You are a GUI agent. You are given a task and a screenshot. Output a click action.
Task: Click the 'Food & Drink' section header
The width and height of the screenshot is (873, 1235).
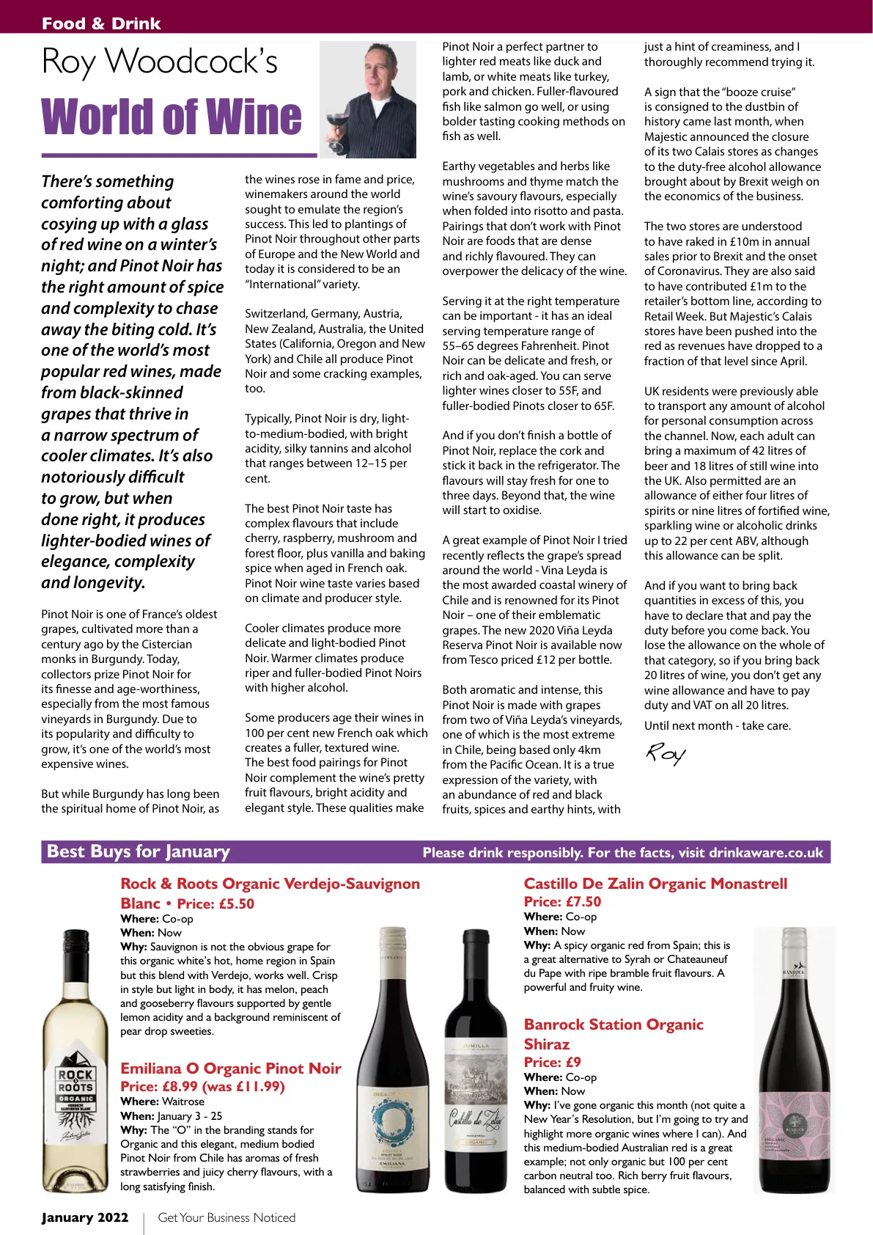tap(101, 23)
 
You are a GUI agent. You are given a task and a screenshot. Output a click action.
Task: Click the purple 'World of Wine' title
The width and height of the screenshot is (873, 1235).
tap(172, 117)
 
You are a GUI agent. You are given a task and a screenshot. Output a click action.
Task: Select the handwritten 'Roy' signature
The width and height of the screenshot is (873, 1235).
tap(666, 753)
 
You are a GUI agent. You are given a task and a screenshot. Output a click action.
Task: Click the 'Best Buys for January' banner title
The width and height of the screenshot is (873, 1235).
tap(139, 851)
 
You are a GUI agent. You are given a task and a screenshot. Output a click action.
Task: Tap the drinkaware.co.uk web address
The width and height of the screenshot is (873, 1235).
tap(766, 852)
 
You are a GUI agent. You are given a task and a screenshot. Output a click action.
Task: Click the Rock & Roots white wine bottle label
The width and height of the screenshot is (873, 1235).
tap(75, 1093)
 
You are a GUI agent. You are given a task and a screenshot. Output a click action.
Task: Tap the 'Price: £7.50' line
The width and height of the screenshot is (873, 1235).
tap(562, 901)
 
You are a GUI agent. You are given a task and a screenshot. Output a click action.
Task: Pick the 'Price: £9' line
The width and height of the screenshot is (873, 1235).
tap(552, 1062)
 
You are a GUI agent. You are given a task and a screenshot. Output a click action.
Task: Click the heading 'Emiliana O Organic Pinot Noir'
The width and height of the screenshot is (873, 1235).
tap(231, 1069)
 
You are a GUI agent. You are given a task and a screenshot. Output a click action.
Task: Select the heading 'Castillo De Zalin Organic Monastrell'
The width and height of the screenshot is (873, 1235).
tap(655, 884)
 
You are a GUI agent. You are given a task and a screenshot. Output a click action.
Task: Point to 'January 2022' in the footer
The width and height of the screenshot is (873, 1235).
tap(85, 1217)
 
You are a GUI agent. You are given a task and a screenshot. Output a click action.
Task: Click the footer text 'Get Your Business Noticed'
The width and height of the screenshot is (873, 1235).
tap(226, 1217)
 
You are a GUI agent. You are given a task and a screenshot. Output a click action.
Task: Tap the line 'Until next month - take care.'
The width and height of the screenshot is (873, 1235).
tap(718, 726)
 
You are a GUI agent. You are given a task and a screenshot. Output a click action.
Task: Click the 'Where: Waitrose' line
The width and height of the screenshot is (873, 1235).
tap(163, 1102)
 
